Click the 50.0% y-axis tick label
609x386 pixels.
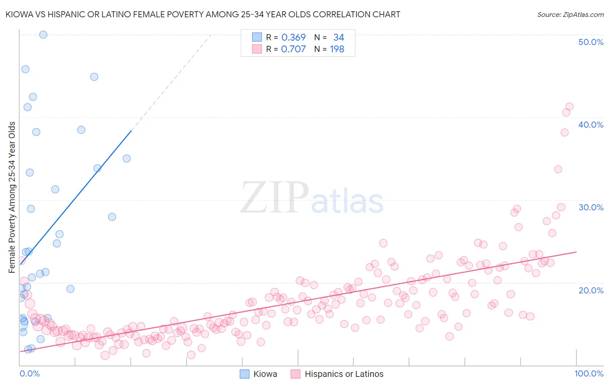591,42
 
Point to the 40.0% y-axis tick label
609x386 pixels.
591,125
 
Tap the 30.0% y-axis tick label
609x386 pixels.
591,207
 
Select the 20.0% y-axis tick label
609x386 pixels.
591,290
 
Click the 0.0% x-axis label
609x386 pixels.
29,373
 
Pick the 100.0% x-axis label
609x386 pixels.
589,373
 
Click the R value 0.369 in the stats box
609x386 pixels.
293,38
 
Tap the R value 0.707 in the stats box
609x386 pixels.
293,49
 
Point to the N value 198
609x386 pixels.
337,49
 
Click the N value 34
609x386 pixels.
339,38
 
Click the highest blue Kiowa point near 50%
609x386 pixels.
43,35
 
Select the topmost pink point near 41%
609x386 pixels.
570,106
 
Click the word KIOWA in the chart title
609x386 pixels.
18,14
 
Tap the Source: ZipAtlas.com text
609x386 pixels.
570,14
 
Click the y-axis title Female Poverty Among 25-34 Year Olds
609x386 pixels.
12,197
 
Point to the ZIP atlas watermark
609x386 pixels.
312,198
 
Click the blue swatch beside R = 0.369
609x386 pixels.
257,37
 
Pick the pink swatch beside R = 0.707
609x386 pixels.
257,49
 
